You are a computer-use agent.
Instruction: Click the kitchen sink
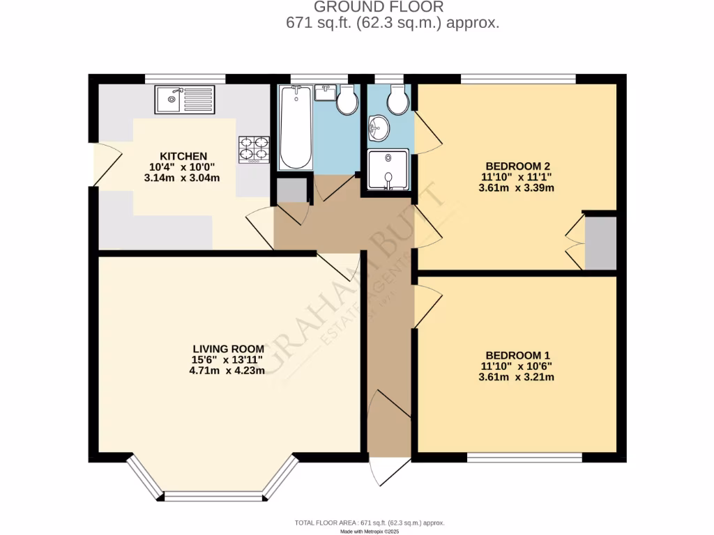[x=185, y=100]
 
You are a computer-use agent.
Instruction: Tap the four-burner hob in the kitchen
[x=254, y=149]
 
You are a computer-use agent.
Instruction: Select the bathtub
[x=296, y=127]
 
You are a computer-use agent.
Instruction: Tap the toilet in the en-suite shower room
[x=397, y=101]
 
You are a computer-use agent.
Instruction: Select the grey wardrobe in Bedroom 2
[x=600, y=243]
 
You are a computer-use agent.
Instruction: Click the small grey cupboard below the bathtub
[x=292, y=190]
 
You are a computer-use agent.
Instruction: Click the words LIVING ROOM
[x=227, y=349]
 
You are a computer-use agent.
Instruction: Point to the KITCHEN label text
[x=183, y=155]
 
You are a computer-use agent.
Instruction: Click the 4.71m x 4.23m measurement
[x=227, y=371]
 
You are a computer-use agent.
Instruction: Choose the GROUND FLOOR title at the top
[x=379, y=8]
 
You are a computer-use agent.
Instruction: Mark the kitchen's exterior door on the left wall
[x=96, y=165]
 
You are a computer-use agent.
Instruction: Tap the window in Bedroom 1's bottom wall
[x=524, y=457]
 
